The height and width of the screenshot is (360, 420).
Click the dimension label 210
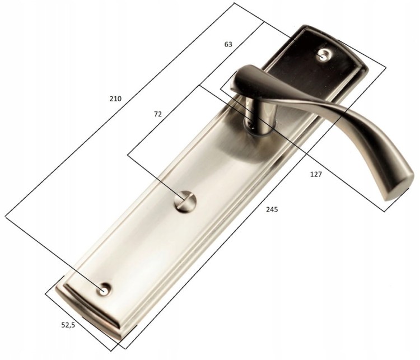115,99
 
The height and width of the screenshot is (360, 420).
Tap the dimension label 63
228,44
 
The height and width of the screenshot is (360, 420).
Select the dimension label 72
158,114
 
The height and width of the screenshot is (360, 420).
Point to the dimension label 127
316,174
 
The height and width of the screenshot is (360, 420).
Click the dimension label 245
272,209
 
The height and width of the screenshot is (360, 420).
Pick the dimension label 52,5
68,325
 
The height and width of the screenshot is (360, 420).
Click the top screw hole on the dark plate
324,55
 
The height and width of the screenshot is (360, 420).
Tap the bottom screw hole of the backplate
104,289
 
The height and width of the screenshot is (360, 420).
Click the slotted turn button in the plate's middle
185,202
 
